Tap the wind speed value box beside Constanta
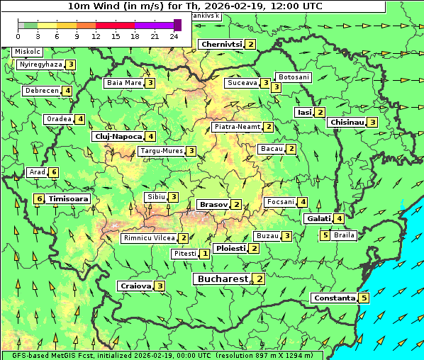click(364, 298)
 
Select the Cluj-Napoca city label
click(118, 136)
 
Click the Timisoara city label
click(69, 199)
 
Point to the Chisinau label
click(347, 122)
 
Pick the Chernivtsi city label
click(221, 44)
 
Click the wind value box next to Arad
click(53, 172)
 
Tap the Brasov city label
click(213, 204)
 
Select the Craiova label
click(135, 286)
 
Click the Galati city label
click(318, 218)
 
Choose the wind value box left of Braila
click(325, 235)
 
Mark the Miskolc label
click(27, 52)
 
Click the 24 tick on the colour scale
click(174, 36)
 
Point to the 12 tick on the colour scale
click(96, 36)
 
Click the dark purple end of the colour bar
click(177, 25)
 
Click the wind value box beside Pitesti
click(204, 253)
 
